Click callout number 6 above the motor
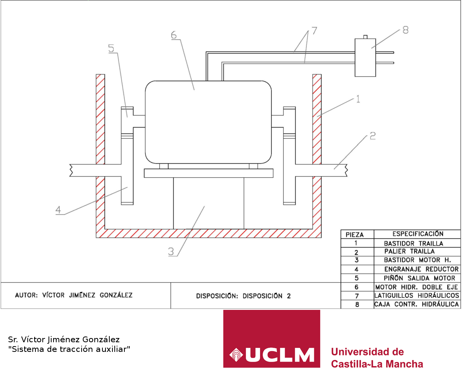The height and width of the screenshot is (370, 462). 174,35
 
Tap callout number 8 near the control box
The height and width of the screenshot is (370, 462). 405,30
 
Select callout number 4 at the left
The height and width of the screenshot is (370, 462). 58,210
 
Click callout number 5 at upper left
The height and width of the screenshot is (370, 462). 111,49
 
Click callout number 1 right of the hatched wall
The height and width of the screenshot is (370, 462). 358,99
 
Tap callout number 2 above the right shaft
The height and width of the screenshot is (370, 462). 372,136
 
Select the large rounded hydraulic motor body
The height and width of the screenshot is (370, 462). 208,121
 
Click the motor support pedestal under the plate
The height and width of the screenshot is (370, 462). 208,203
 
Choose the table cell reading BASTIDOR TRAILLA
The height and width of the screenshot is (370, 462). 413,243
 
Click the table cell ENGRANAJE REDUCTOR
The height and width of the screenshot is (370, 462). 421,269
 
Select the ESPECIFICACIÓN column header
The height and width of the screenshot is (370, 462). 418,234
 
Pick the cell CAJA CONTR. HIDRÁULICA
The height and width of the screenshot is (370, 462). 417,304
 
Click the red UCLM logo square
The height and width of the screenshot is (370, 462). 271,339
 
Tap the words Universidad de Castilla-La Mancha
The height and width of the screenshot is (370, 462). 377,358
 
